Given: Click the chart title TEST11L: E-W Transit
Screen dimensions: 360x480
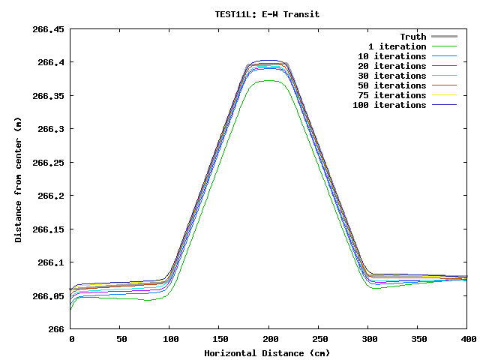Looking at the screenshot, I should coord(267,14).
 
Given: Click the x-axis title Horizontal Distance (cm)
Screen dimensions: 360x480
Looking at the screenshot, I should coord(267,352).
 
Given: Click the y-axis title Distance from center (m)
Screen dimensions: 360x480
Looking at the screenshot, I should coord(18,179).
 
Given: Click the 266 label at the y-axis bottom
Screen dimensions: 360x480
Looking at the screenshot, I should coord(56,329).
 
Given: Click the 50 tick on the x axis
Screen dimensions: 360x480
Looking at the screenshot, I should coord(120,340).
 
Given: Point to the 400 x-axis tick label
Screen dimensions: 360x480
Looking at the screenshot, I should coord(467,340).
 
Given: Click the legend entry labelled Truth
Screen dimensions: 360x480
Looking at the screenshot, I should coord(412,37).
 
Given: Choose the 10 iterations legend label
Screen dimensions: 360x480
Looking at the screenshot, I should coord(392,56).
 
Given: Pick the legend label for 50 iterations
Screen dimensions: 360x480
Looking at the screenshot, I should coord(392,85).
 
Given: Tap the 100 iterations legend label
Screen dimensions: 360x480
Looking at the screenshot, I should coord(389,105).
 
